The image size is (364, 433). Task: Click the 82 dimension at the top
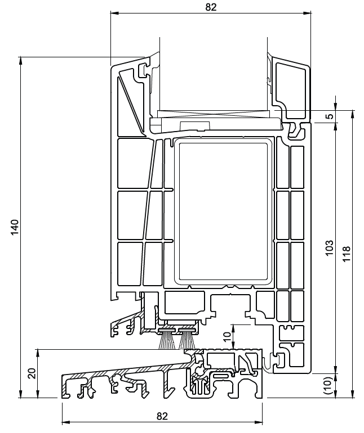(x=210, y=7)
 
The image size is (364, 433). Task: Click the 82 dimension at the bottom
(x=162, y=416)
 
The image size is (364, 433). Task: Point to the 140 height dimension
(x=15, y=227)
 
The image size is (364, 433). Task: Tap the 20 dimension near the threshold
(x=32, y=373)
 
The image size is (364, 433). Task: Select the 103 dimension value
(x=330, y=248)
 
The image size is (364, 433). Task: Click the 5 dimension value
(x=330, y=117)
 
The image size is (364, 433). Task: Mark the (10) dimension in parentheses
(x=330, y=385)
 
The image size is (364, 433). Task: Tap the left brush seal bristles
(x=167, y=340)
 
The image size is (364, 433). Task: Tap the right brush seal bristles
(x=187, y=340)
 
